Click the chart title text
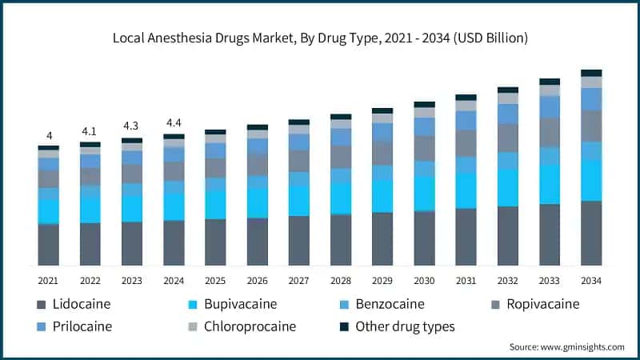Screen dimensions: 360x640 click(x=320, y=38)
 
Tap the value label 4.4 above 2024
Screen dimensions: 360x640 click(x=174, y=122)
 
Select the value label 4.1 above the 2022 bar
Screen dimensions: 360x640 click(x=90, y=131)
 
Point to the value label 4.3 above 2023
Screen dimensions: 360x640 click(x=132, y=126)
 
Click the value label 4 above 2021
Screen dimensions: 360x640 click(x=49, y=136)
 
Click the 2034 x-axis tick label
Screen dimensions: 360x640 click(x=591, y=281)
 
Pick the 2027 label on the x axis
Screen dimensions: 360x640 click(x=299, y=281)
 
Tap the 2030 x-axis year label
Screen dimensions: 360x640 click(x=424, y=281)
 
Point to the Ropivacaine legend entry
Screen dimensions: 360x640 click(x=535, y=305)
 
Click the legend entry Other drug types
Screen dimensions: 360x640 click(x=397, y=326)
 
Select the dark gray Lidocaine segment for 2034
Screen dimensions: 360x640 click(x=591, y=233)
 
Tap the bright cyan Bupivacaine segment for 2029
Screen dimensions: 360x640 click(x=382, y=196)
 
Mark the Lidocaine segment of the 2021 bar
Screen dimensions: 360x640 click(x=49, y=245)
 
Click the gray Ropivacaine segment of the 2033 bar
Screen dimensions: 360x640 click(x=550, y=133)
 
